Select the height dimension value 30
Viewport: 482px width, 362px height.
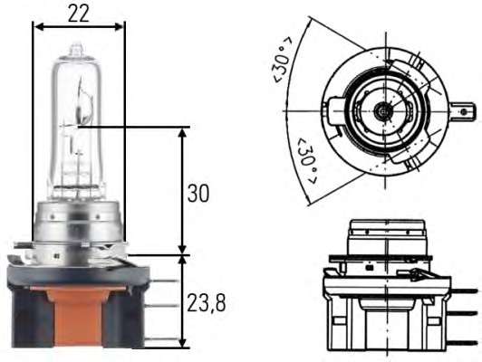(x=199, y=194)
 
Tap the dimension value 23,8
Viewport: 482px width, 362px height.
(x=206, y=302)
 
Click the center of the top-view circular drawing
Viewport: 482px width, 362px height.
(x=384, y=110)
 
